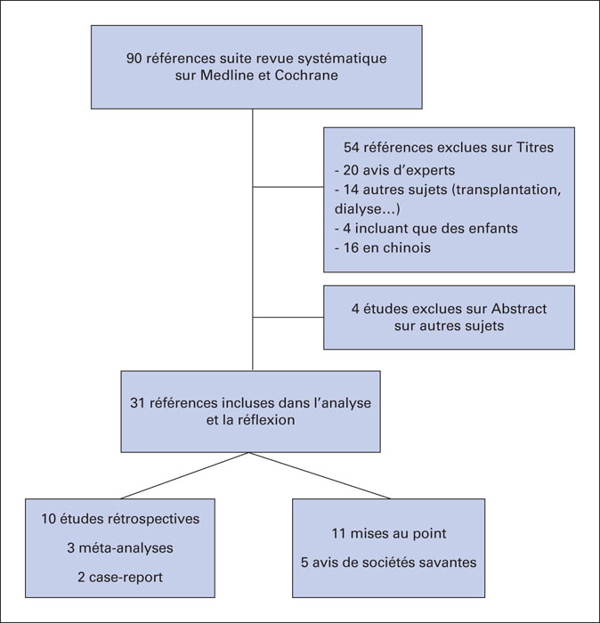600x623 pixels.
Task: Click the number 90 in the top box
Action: click(134, 59)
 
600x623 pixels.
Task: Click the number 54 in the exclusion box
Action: click(352, 148)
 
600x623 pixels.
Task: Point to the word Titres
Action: click(535, 148)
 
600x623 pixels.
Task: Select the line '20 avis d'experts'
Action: click(394, 170)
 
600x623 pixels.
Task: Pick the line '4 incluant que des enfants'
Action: click(426, 229)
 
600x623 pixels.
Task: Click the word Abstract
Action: click(519, 309)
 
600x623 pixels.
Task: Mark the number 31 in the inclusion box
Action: click(137, 403)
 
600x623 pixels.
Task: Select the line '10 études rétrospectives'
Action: click(120, 519)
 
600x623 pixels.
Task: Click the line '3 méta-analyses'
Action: click(120, 548)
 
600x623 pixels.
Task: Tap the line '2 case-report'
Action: click(120, 578)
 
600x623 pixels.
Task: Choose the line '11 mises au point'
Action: click(389, 534)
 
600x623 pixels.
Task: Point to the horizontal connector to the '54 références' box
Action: click(288, 187)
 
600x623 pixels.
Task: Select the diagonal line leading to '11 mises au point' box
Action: click(320, 475)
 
